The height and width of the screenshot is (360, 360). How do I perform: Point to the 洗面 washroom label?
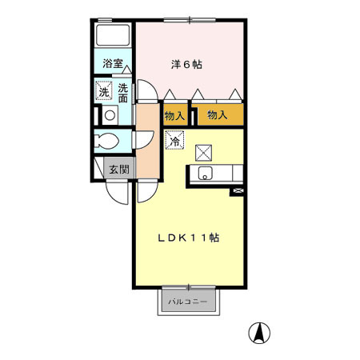(123, 92)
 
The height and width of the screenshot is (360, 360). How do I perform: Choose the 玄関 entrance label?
(119, 168)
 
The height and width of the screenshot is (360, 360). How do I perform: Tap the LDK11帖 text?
(189, 238)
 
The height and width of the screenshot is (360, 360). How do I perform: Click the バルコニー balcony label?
(187, 302)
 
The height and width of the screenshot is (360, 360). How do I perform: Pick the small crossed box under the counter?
(238, 191)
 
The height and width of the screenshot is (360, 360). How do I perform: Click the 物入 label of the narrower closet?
(174, 116)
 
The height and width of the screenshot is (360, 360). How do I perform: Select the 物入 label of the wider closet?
(218, 116)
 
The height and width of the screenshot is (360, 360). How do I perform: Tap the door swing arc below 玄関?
(117, 193)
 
